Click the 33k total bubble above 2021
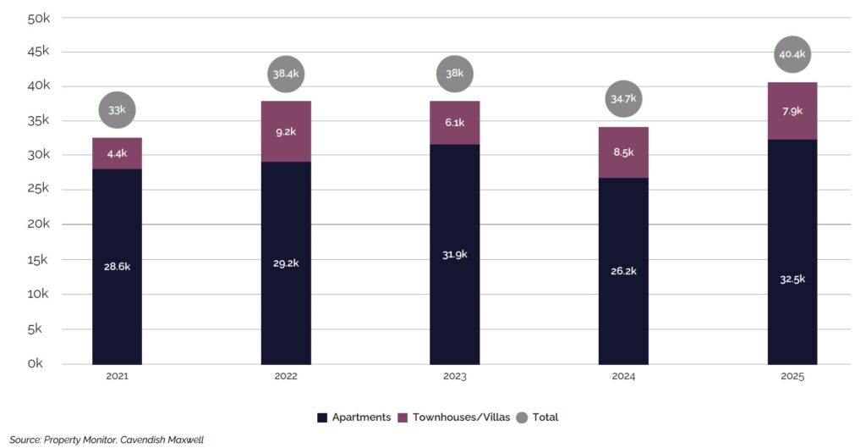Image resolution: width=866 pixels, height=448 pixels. (117, 110)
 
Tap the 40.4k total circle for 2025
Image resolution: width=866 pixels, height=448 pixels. (792, 55)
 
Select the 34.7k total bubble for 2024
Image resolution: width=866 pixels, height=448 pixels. (623, 99)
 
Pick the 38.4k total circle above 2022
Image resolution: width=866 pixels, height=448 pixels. (286, 75)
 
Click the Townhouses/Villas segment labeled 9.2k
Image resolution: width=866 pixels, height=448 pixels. (286, 131)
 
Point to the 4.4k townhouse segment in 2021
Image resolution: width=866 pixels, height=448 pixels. (117, 153)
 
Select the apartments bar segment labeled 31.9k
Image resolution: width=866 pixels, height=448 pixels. (455, 254)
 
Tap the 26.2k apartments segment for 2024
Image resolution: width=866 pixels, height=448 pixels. (623, 271)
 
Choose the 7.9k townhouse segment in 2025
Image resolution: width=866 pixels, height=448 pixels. (792, 111)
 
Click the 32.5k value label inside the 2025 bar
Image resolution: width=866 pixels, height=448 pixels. (792, 279)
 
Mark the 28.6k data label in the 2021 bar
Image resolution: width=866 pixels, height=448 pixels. (117, 266)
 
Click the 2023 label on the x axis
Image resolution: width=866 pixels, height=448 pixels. (455, 376)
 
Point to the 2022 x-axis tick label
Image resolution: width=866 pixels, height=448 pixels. (286, 376)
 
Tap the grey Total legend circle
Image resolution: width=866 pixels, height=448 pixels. (521, 417)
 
